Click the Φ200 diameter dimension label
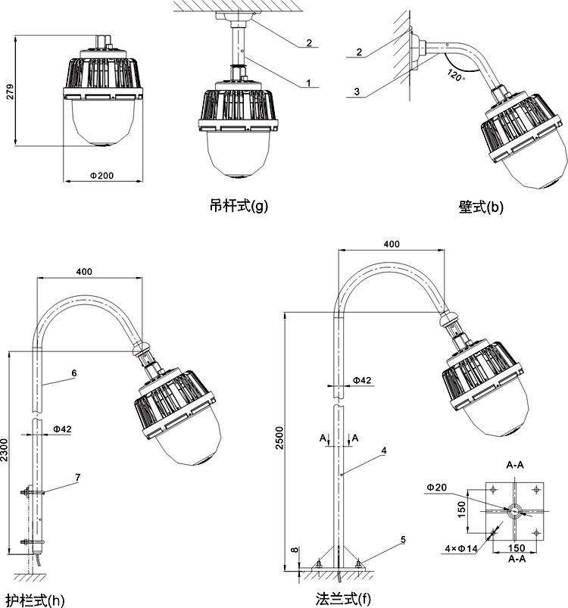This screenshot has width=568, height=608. click(x=101, y=175)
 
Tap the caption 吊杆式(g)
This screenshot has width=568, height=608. click(x=239, y=204)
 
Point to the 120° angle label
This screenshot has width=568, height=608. click(x=454, y=74)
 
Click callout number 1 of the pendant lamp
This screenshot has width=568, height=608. click(x=309, y=82)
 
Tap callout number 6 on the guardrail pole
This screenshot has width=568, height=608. click(x=74, y=373)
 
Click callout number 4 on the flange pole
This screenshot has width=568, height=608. click(x=384, y=451)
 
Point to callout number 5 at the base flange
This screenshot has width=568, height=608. click(x=403, y=540)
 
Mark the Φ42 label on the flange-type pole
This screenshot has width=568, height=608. click(x=362, y=380)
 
